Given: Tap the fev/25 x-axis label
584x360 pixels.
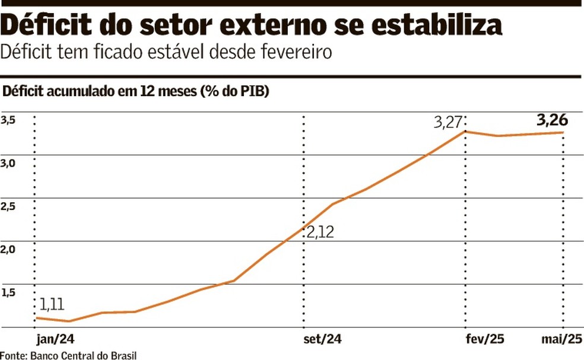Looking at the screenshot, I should tap(485, 339).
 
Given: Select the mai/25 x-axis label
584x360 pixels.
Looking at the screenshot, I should tap(561, 339).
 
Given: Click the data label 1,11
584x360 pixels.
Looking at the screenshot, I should tap(52, 304).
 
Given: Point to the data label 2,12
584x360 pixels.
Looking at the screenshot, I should tap(320, 232).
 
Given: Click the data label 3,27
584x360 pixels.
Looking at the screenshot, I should tap(447, 123).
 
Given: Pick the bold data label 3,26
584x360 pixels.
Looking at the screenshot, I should tap(552, 120).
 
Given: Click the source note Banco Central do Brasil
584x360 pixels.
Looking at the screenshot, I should tap(83, 355).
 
